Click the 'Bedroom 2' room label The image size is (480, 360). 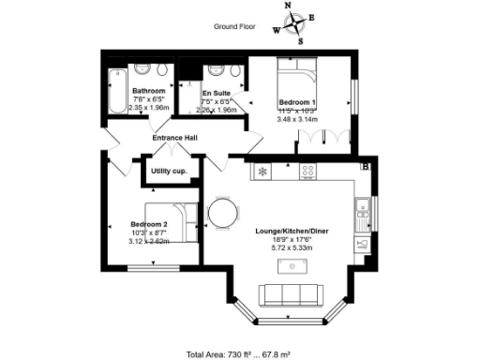(149, 224)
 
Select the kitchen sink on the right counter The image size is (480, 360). (361, 217)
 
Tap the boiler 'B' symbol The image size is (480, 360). (367, 166)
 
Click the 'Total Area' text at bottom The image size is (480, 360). (239, 353)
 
